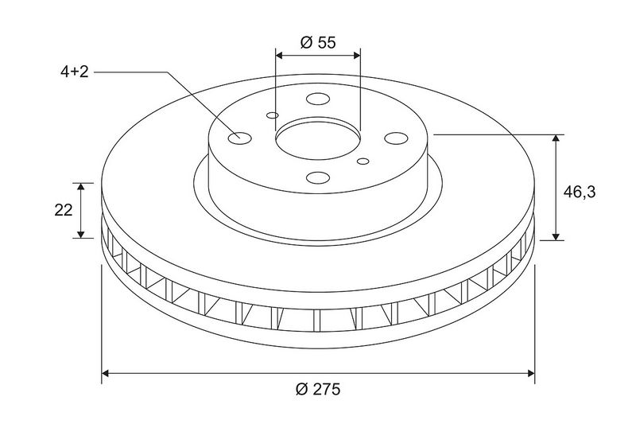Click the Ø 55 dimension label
(319, 42)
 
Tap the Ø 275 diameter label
(319, 389)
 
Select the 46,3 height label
(580, 192)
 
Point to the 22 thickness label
(64, 210)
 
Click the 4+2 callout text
(74, 72)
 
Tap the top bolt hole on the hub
(317, 99)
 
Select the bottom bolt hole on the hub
(317, 177)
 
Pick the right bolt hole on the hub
(396, 138)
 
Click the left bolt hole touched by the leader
(240, 138)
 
